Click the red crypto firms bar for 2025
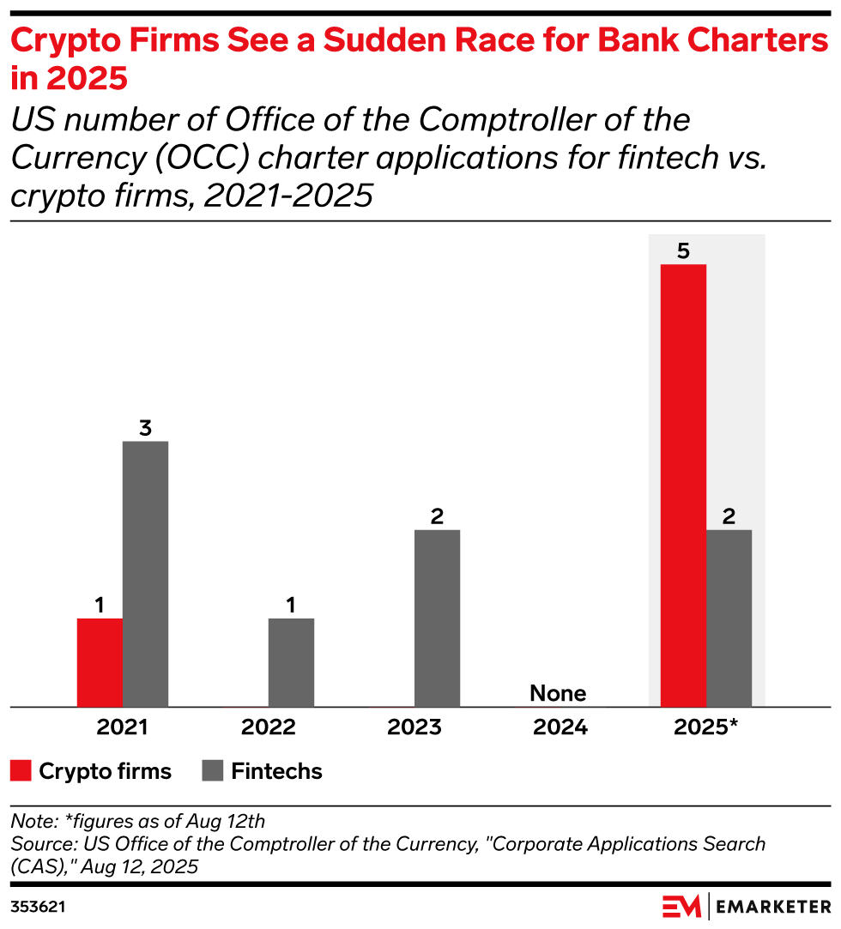[x=683, y=486]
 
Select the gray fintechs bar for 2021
[x=145, y=574]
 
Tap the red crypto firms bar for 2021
[x=100, y=662]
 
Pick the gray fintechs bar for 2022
[x=291, y=662]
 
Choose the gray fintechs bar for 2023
[x=437, y=618]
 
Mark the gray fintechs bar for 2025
[x=729, y=618]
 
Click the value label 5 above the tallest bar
[x=683, y=251]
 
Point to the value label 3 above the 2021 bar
[x=145, y=428]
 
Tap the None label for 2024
[x=558, y=693]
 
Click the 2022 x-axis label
[x=269, y=728]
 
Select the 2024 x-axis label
[x=560, y=728]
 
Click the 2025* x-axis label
[x=706, y=728]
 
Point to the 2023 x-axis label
[x=414, y=728]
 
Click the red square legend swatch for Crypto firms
[x=21, y=771]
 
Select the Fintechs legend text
[x=276, y=771]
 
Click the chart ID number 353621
[x=38, y=907]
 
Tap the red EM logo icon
[x=681, y=906]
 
